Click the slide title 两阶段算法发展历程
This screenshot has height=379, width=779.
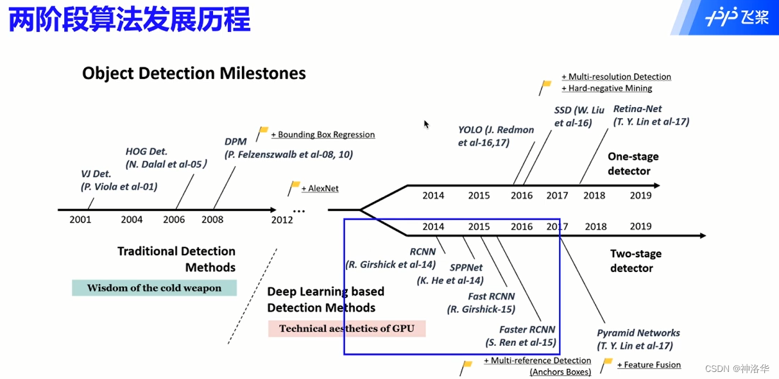[130, 19]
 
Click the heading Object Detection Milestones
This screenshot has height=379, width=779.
[194, 73]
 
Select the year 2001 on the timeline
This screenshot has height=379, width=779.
[80, 219]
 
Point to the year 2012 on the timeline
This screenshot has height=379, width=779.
[282, 219]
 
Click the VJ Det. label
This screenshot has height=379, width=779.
[96, 174]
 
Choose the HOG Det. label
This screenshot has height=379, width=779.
[146, 151]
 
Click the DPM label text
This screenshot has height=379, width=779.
[236, 142]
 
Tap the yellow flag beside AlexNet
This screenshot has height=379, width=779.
[295, 187]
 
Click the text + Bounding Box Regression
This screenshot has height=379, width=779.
[323, 135]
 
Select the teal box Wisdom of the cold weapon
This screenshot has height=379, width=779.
[154, 288]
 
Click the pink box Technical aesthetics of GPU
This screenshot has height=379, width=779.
[347, 329]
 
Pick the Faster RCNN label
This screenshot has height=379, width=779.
[527, 330]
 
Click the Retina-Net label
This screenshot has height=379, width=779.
[637, 109]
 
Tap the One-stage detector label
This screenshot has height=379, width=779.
[633, 164]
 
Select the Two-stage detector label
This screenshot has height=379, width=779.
[635, 261]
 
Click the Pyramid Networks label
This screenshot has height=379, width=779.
[638, 333]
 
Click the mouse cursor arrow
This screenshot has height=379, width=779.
[427, 124]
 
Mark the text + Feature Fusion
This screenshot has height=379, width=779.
[649, 365]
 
